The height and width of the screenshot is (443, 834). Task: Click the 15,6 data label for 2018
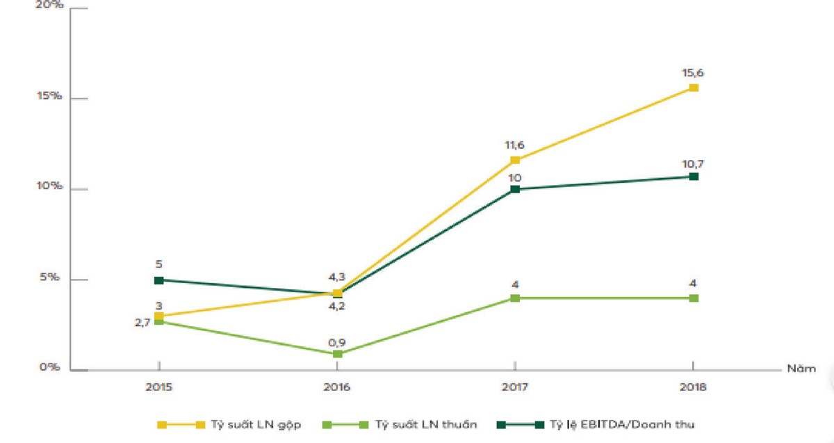pos(693,72)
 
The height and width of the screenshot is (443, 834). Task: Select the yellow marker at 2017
pos(515,161)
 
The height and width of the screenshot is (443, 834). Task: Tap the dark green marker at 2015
pos(159,280)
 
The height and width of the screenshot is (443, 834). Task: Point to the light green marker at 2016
pos(337,354)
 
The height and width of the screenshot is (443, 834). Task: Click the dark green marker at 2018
pos(693,177)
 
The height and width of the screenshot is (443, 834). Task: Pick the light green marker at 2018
pos(693,298)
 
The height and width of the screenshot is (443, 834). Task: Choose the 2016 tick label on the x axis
pos(337,387)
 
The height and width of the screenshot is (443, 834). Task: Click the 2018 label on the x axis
pos(693,387)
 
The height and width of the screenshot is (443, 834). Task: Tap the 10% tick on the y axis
pos(51,187)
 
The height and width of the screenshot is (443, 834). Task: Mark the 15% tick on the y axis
pos(51,96)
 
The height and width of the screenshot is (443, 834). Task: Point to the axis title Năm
pos(801,369)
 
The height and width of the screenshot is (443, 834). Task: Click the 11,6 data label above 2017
pos(515,145)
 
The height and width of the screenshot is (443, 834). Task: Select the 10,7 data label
pos(693,163)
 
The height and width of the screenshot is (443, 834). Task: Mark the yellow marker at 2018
pos(693,88)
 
